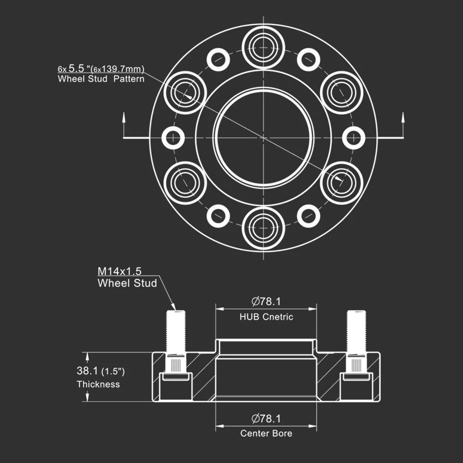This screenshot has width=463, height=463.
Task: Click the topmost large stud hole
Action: pyautogui.click(x=263, y=47)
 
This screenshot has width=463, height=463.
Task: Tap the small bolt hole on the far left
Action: pyautogui.click(x=173, y=138)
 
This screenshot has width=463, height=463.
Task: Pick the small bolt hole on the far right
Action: pyautogui.click(x=354, y=138)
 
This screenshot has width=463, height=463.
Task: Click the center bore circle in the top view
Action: pyautogui.click(x=263, y=138)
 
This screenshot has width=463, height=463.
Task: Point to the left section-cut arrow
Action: pyautogui.click(x=124, y=125)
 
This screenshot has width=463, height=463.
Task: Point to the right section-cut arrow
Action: pyautogui.click(x=403, y=125)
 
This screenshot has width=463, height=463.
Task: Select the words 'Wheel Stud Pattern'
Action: pyautogui.click(x=101, y=79)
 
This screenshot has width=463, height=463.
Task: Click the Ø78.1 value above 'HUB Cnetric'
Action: pyautogui.click(x=266, y=302)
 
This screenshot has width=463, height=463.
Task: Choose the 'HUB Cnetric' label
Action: pyautogui.click(x=266, y=317)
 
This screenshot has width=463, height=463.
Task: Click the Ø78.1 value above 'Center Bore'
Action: pyautogui.click(x=266, y=418)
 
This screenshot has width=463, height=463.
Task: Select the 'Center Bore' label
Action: pyautogui.click(x=266, y=433)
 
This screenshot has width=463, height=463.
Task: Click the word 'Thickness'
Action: pyautogui.click(x=98, y=384)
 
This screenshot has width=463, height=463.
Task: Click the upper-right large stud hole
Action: pyautogui.click(x=341, y=93)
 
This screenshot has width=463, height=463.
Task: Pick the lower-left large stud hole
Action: pyautogui.click(x=185, y=183)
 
